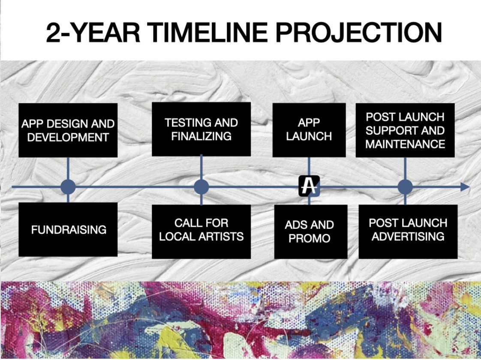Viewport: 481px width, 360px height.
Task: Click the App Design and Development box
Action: click(x=68, y=130)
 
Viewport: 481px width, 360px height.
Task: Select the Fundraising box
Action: click(x=68, y=229)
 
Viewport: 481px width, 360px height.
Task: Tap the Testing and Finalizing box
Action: click(x=201, y=129)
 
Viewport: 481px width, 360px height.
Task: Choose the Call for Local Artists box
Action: click(x=201, y=231)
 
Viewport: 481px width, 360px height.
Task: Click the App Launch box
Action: click(x=309, y=130)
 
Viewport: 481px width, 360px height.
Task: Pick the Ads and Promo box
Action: click(x=311, y=231)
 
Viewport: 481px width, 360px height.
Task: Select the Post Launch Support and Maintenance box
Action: click(x=405, y=130)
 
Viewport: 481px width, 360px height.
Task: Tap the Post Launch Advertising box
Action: click(x=408, y=231)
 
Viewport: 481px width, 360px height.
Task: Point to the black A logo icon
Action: click(x=309, y=186)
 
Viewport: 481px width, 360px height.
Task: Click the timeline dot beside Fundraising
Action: click(x=68, y=187)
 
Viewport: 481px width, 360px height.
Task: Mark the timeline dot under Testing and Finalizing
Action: click(x=201, y=187)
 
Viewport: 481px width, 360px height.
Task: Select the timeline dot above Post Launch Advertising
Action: click(x=405, y=187)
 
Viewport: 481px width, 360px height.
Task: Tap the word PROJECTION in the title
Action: click(x=358, y=32)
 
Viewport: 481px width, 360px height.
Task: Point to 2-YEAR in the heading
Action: click(x=93, y=32)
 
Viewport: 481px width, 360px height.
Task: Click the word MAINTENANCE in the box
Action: click(x=405, y=144)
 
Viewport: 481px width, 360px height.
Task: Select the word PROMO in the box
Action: click(x=309, y=238)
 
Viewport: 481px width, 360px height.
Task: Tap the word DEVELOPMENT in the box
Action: click(x=68, y=138)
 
